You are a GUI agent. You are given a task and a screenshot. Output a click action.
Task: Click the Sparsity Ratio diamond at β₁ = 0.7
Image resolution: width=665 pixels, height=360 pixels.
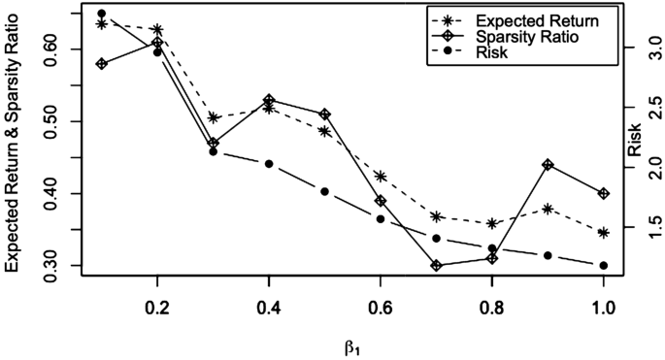(437, 265)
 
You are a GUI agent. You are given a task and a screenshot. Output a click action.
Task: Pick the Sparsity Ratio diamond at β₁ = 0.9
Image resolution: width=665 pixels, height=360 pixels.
(549, 165)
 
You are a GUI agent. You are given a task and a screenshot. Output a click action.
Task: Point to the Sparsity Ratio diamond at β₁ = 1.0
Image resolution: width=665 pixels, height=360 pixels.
(604, 193)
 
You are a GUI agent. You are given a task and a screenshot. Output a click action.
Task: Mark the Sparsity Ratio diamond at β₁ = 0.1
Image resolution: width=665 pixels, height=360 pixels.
(102, 64)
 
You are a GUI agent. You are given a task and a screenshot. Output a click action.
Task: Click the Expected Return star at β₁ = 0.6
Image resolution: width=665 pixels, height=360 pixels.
(381, 177)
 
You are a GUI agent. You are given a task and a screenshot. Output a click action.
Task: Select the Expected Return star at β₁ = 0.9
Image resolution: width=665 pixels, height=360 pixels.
(549, 209)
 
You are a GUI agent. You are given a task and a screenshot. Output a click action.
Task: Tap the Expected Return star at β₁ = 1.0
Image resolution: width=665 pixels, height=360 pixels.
(604, 233)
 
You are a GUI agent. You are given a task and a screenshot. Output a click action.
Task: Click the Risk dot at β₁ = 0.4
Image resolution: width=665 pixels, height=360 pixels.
(269, 164)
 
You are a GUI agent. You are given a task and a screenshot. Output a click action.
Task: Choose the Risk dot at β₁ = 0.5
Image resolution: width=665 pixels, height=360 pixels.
(325, 191)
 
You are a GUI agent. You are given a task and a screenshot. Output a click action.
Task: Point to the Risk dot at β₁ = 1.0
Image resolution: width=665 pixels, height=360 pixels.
(604, 265)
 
